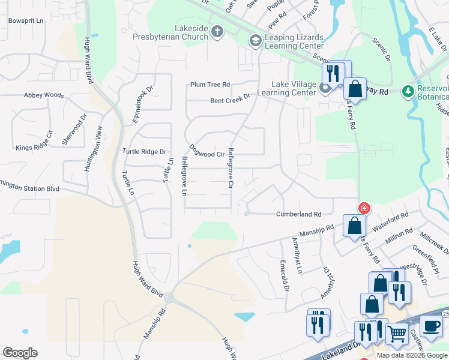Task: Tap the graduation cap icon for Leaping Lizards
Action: pos(255,40)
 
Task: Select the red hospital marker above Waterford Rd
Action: pos(364,209)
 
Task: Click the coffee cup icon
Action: pos(430,326)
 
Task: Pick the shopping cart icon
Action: pos(396,334)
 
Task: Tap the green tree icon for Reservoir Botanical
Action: pos(409,90)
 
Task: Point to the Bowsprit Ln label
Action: pos(26,21)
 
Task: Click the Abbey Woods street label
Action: pos(43,95)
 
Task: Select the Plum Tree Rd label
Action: pos(210,85)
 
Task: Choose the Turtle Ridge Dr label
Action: pos(143,152)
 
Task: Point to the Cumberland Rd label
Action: pos(298,214)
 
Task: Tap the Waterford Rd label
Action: pos(390,220)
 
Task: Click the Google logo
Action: pos(20,353)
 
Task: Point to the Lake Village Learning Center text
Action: pos(286,88)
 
